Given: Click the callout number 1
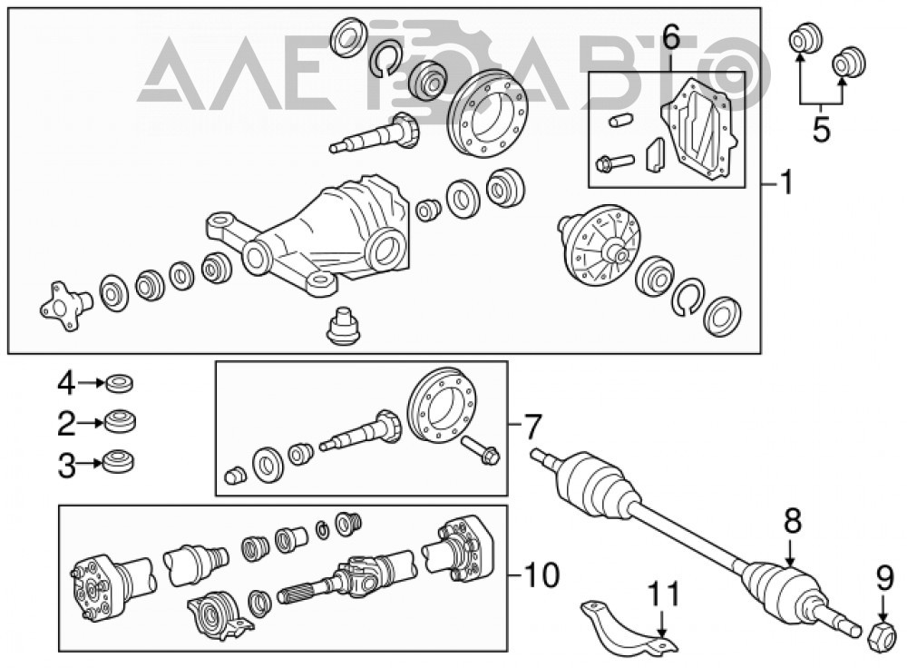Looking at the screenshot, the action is tap(785, 183).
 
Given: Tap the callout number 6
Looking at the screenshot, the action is tap(670, 38).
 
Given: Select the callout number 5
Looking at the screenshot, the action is tap(822, 129).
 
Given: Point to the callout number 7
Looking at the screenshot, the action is tap(532, 427).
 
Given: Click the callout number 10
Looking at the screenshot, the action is tap(542, 575).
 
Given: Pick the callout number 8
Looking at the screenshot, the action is tap(793, 522).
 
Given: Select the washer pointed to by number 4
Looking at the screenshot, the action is tap(120, 383).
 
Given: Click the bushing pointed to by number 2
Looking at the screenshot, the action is tap(121, 421).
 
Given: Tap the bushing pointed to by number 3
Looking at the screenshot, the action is tap(119, 463).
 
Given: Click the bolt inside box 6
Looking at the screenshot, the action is tap(613, 163).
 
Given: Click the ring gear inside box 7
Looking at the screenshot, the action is tap(443, 407).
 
